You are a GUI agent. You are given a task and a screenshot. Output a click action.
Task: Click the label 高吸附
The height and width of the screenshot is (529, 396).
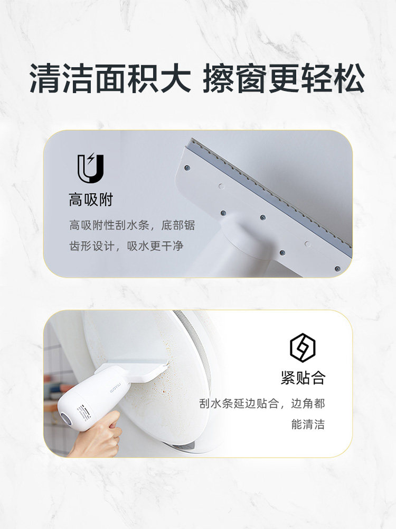(90, 200)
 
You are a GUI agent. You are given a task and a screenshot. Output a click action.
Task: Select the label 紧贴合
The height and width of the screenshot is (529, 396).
(303, 378)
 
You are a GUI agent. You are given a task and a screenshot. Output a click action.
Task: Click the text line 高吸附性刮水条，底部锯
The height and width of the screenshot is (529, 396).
(132, 225)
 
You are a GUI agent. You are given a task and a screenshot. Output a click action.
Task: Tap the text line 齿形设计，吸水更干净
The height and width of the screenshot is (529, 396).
(126, 246)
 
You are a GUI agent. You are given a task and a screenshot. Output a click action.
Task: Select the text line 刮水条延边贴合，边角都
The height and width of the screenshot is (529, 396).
(262, 404)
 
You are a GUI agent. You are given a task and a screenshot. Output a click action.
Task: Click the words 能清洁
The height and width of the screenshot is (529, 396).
(308, 424)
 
